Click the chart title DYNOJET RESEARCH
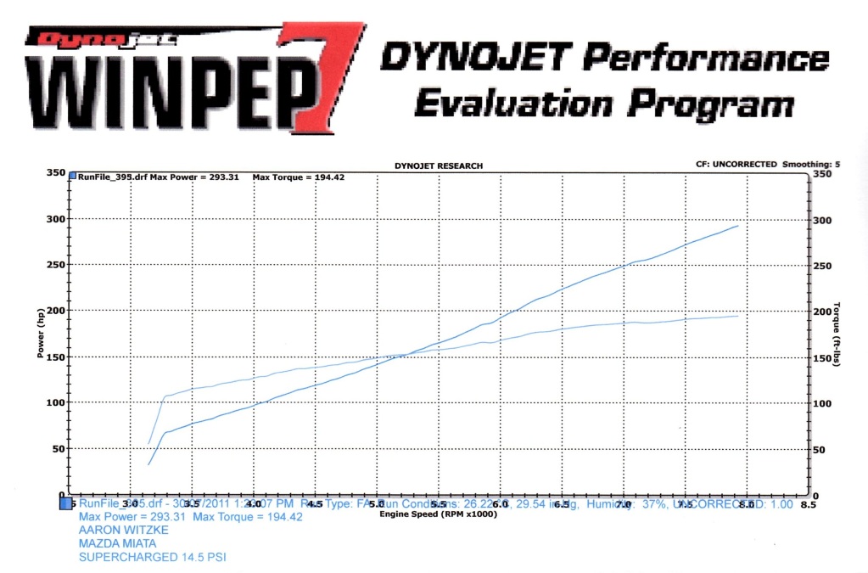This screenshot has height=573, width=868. click(439, 166)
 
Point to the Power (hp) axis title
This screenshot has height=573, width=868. click(40, 333)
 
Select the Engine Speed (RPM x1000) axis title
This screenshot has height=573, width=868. click(438, 514)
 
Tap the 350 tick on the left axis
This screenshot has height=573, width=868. click(56, 173)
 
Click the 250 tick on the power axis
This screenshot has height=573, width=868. click(56, 265)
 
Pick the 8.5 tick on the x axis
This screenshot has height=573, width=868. click(808, 504)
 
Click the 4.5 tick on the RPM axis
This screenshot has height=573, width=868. click(315, 504)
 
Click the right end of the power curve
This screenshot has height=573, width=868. click(738, 226)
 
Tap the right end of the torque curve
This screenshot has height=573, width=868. click(738, 316)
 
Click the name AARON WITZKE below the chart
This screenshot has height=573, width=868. click(123, 530)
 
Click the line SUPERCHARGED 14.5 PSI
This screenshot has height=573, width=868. click(153, 557)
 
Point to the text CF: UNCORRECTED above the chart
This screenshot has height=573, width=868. click(735, 165)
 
